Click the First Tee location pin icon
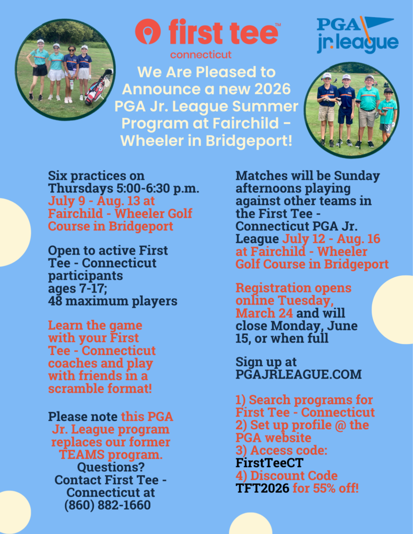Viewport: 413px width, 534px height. point(147,31)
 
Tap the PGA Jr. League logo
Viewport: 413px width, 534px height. point(358,35)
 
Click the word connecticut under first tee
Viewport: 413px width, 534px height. point(201,54)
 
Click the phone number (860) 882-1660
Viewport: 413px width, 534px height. point(108,505)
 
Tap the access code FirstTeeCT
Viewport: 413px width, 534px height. point(269,463)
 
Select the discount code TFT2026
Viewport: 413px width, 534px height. point(262,488)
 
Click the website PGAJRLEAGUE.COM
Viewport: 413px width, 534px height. point(299,374)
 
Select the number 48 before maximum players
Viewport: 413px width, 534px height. point(55,301)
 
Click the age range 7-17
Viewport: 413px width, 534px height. point(92,288)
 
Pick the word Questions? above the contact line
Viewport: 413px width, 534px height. point(111,467)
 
